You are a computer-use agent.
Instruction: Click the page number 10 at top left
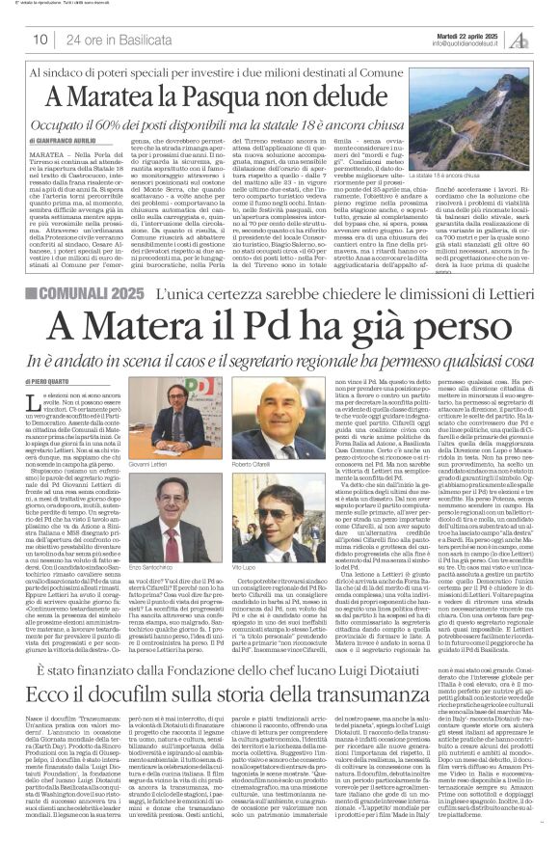pyautogui.click(x=42, y=39)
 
